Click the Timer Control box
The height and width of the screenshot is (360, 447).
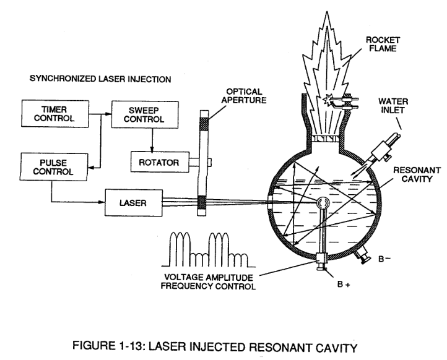55,113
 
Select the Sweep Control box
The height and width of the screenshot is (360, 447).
145,114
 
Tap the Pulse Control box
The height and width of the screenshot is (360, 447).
54,167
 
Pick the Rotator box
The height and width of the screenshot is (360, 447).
160,162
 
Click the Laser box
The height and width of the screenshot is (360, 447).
134,203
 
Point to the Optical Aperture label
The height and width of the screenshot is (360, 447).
244,96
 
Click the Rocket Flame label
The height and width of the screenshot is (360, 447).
383,44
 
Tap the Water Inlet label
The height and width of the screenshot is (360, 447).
393,106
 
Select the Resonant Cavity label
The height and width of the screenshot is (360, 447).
417,174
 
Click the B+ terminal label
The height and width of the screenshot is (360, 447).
343,284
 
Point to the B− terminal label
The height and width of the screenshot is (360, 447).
384,259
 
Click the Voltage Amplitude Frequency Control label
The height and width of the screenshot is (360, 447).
208,281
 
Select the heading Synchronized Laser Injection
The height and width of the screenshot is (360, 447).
100,79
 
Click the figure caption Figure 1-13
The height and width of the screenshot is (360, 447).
215,346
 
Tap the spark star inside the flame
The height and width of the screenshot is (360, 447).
328,100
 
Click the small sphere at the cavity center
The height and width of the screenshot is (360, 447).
323,203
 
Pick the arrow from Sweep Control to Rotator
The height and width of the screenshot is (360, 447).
152,140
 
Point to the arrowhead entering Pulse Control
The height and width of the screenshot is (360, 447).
90,168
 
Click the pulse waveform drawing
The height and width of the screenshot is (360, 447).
209,249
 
